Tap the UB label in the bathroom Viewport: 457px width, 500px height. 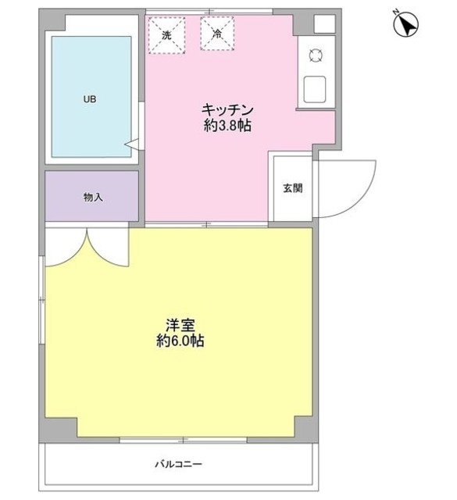[91, 100]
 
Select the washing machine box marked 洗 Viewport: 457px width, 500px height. [166, 34]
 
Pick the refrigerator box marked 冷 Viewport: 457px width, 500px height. [216, 34]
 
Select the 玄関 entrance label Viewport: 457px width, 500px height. [292, 188]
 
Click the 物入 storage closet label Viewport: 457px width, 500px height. [93, 198]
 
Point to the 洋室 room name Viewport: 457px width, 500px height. [179, 323]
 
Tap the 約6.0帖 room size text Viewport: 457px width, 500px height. [179, 341]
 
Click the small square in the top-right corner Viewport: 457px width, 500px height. [324, 23]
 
